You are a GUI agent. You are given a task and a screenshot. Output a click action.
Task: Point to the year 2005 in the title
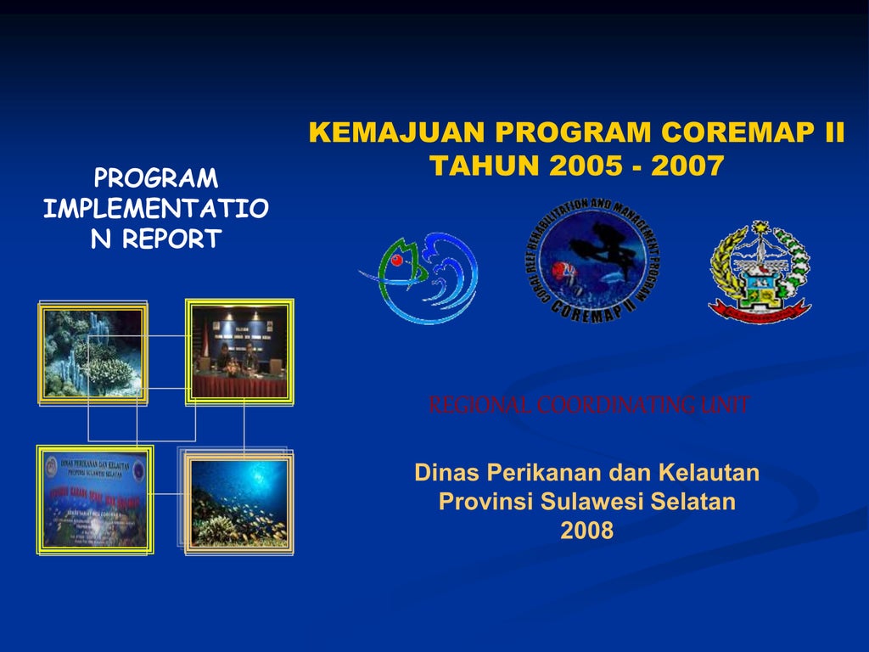tap(586, 166)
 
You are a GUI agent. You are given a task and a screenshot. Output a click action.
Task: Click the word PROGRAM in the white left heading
tap(156, 178)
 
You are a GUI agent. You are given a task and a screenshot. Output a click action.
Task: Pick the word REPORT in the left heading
tap(171, 239)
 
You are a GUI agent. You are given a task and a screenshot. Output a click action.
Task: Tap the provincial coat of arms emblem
tap(760, 272)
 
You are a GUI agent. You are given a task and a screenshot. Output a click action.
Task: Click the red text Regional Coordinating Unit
tap(589, 406)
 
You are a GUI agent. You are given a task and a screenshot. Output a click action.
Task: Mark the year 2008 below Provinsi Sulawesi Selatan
tap(586, 531)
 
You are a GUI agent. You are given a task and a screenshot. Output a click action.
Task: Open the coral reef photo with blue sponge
tap(93, 352)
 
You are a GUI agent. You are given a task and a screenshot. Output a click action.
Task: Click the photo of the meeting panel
tap(239, 351)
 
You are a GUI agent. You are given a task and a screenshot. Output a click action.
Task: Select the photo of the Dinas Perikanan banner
tap(95, 500)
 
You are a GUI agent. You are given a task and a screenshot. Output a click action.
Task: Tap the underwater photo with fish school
tap(238, 503)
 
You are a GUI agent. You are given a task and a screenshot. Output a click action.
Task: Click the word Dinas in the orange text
tap(447, 472)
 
